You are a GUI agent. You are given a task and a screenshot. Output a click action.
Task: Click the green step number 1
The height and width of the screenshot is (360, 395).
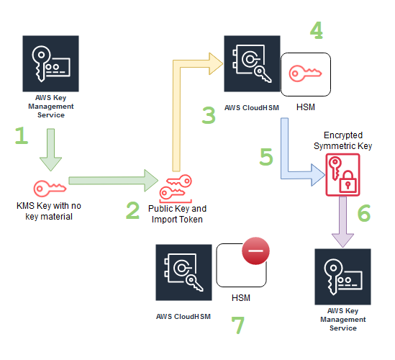click(23, 137)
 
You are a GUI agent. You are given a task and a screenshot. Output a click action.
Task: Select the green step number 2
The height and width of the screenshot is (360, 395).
click(132, 210)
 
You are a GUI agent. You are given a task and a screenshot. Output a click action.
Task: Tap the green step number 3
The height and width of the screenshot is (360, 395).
click(209, 115)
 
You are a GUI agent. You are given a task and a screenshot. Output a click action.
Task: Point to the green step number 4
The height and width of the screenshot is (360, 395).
click(317, 30)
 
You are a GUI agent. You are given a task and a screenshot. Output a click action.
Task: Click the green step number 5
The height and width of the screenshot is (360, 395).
click(266, 157)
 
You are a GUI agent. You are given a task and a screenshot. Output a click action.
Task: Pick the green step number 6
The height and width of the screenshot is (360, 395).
click(363, 213)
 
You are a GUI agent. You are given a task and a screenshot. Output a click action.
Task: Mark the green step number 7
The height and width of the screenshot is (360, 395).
click(237, 325)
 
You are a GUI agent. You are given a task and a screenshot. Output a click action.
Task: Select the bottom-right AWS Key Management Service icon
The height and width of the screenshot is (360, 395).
click(342, 277)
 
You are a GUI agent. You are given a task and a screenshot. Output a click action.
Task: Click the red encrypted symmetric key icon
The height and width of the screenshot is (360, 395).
click(342, 173)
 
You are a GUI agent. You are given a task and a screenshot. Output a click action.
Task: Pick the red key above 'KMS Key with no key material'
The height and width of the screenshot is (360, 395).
click(50, 187)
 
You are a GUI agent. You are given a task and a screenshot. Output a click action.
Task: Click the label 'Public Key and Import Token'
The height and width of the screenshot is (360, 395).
click(176, 215)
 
